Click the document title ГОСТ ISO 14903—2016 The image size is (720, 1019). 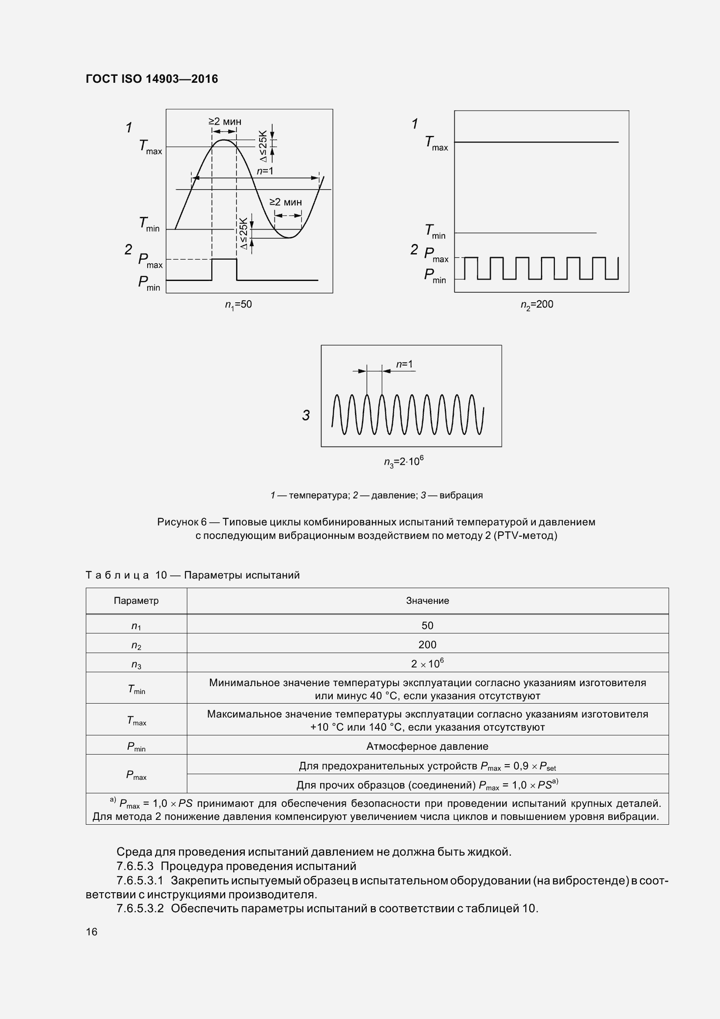[152, 79]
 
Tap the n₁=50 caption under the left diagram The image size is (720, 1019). [238, 305]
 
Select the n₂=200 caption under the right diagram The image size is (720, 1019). [537, 305]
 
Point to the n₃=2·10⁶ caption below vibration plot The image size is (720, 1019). [403, 461]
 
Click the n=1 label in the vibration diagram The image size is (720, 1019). [404, 364]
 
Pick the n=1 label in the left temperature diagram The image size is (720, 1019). [265, 171]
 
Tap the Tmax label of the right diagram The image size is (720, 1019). [436, 143]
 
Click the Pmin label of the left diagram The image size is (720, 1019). [149, 283]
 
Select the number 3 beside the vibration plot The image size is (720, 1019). [306, 416]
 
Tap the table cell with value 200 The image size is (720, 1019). [427, 645]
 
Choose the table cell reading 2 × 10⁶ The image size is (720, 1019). [427, 664]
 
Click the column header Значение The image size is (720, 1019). [427, 601]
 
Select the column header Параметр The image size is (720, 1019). [136, 601]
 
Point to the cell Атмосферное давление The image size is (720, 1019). [427, 747]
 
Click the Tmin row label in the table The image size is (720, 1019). [136, 689]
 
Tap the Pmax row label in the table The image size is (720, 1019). [136, 775]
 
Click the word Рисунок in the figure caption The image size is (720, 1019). [177, 522]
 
